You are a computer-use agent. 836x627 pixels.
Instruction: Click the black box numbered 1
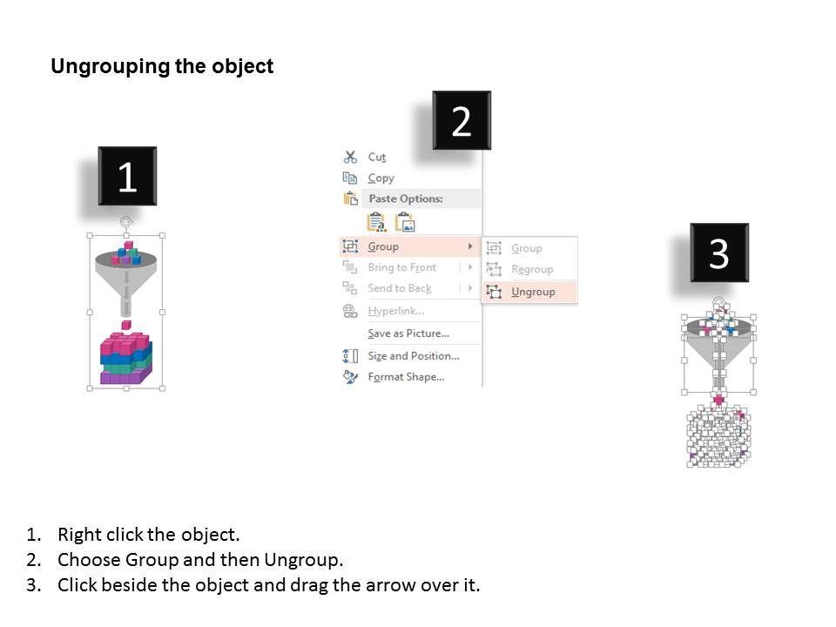click(x=127, y=176)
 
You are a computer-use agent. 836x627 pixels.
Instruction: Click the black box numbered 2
click(x=462, y=120)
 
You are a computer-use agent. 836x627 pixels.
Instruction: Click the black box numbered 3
click(x=719, y=253)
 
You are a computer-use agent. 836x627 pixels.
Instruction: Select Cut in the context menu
click(x=376, y=157)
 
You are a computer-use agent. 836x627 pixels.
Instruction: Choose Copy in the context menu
click(x=381, y=178)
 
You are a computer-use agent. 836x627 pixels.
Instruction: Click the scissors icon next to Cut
click(x=350, y=157)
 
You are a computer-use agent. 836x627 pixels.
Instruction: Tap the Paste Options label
click(x=406, y=199)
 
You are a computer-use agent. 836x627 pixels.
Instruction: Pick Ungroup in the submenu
click(x=533, y=292)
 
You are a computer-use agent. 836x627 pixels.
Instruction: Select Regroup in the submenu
click(x=532, y=269)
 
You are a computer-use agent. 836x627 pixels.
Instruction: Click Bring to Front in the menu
click(x=402, y=267)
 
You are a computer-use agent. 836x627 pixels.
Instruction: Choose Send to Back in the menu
click(x=400, y=288)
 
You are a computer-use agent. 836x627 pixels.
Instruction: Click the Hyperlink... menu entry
click(x=396, y=311)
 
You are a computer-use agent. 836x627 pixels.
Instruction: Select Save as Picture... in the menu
click(x=408, y=334)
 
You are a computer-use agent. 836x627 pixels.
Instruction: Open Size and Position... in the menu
click(x=413, y=355)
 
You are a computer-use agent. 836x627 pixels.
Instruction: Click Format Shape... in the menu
click(x=406, y=377)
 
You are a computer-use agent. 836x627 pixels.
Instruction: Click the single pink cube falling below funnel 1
click(x=125, y=325)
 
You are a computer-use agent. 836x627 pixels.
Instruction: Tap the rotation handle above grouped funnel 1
click(x=125, y=220)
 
